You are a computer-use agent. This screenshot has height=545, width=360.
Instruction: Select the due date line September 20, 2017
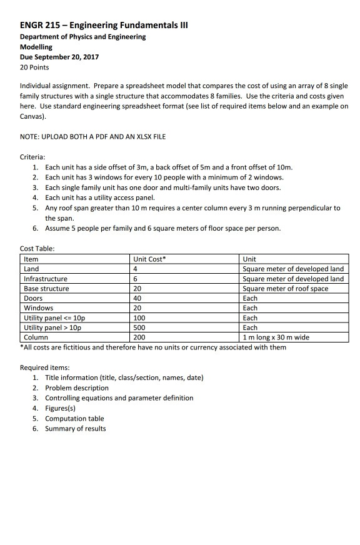(59, 57)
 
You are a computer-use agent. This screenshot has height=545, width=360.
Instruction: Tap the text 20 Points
(34, 67)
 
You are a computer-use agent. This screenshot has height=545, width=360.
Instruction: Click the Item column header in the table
(31, 259)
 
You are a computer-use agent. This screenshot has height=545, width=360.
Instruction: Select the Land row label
(31, 269)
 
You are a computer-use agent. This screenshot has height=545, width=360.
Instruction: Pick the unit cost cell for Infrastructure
(136, 279)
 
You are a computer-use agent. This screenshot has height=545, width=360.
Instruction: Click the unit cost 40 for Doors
(137, 298)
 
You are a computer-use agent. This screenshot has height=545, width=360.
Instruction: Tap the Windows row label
(38, 308)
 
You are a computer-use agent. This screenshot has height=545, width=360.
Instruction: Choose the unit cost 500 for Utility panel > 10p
(139, 327)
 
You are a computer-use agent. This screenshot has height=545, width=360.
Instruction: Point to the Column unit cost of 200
(139, 337)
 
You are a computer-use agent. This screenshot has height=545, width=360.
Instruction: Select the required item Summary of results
(75, 428)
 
